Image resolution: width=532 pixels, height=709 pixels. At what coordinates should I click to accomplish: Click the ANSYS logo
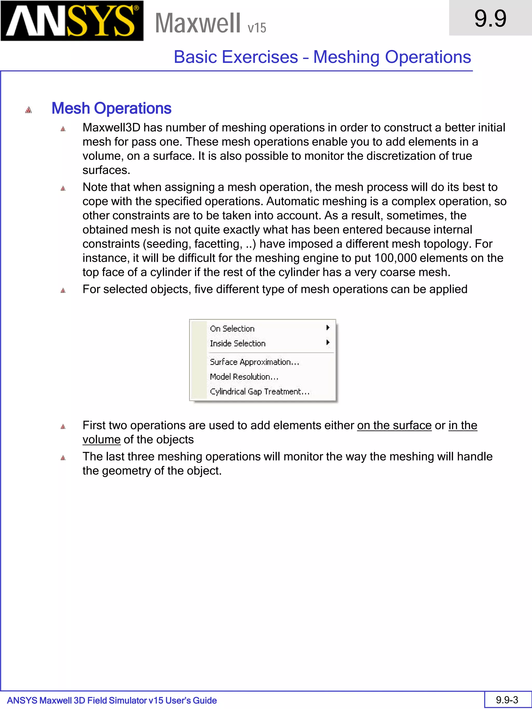[x=72, y=21]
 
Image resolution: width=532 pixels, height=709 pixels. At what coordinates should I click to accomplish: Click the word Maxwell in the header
[x=197, y=23]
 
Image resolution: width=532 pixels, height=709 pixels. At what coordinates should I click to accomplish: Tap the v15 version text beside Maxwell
[x=257, y=28]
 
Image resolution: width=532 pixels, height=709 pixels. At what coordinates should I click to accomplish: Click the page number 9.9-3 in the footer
[x=507, y=700]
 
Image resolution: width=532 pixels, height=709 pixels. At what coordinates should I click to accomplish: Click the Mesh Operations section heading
[x=111, y=108]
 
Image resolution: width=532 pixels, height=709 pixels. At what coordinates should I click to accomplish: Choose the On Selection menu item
[x=232, y=328]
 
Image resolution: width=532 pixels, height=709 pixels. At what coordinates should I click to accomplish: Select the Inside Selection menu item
[x=238, y=343]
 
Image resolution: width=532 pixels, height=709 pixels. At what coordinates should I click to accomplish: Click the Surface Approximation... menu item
[x=254, y=362]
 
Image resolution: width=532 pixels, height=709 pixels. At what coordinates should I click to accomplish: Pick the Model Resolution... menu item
[x=244, y=377]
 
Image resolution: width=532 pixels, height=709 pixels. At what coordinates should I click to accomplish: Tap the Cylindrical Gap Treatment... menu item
[x=260, y=391]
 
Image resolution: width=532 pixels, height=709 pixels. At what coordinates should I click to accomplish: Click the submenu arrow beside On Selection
[x=328, y=328]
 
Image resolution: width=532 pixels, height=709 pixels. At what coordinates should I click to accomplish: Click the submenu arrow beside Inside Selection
[x=328, y=342]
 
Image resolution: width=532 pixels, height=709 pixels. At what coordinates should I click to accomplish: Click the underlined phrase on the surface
[x=394, y=425]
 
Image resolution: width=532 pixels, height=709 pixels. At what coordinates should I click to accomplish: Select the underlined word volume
[x=101, y=440]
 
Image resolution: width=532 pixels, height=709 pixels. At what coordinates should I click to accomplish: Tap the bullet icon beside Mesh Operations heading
[x=29, y=110]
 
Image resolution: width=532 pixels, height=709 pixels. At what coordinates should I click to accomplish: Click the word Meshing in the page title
[x=346, y=57]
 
